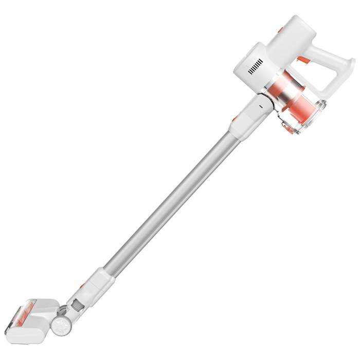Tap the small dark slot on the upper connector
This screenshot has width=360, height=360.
pos(260,104)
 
